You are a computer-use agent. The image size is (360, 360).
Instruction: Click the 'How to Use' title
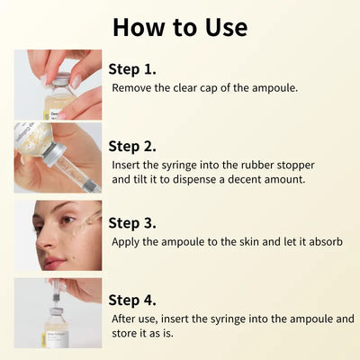(179, 26)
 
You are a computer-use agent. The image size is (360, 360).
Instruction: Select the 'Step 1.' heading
(132, 69)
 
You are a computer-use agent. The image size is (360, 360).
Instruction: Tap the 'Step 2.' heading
(132, 146)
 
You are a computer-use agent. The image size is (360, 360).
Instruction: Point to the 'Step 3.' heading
(132, 222)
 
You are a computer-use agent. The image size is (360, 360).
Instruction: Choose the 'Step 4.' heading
(132, 300)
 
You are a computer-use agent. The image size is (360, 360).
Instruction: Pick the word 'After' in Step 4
(125, 319)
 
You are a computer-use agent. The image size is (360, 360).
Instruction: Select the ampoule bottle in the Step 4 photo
(57, 330)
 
